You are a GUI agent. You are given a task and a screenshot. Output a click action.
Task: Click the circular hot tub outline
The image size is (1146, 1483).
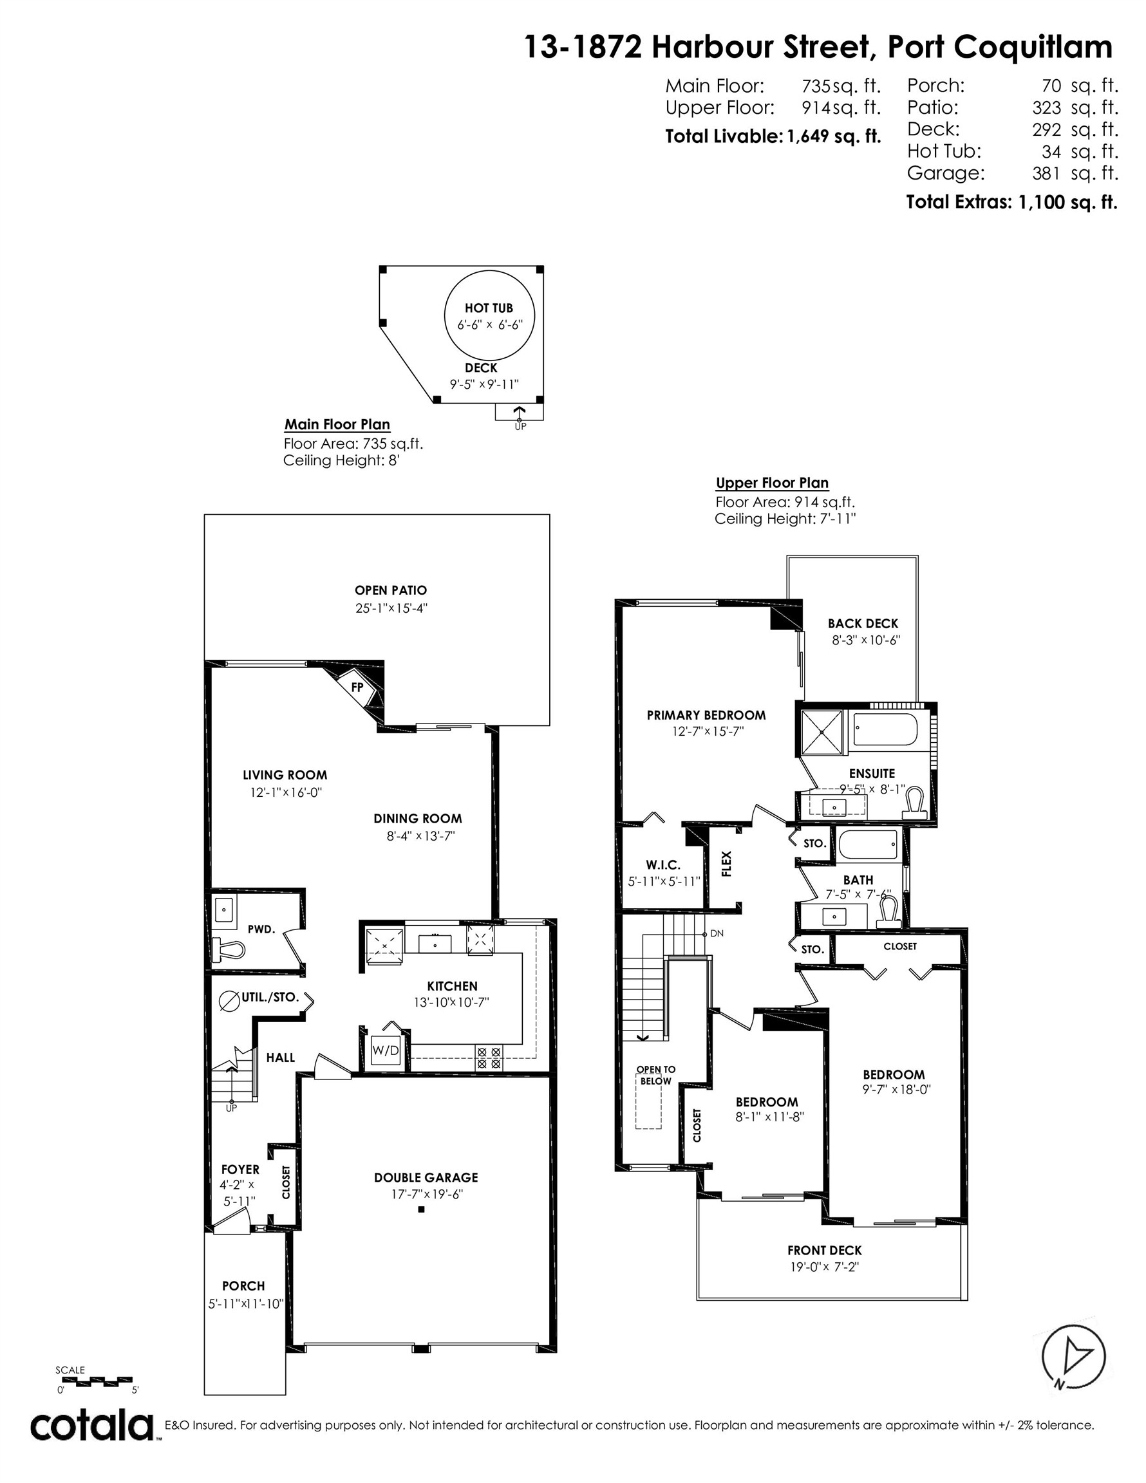(x=489, y=316)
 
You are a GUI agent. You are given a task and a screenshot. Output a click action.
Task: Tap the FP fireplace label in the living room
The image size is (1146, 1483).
(x=357, y=687)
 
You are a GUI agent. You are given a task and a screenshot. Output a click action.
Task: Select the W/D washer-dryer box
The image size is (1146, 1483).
(x=386, y=1050)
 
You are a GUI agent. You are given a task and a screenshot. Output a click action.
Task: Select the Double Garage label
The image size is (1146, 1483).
(x=426, y=1177)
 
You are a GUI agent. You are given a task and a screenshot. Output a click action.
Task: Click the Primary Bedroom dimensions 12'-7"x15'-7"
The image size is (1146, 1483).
(x=706, y=731)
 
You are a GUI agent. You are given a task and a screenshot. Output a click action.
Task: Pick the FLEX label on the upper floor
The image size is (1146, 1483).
(x=726, y=864)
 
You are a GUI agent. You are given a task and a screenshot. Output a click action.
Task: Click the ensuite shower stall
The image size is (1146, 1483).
(x=822, y=732)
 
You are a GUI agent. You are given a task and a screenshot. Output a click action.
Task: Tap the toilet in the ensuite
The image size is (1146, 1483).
(x=915, y=802)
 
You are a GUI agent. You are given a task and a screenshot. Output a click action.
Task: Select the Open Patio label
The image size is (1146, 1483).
(x=391, y=590)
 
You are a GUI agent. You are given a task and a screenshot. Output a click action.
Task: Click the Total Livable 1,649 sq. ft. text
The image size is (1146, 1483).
(x=773, y=136)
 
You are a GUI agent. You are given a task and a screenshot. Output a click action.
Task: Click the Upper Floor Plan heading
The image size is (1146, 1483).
(x=772, y=483)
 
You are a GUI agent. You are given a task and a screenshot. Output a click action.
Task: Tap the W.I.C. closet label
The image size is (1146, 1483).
(x=663, y=864)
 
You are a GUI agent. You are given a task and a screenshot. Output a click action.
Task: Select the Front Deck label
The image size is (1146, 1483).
(x=824, y=1250)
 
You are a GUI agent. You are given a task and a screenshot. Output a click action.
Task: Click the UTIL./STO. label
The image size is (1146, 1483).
(x=270, y=997)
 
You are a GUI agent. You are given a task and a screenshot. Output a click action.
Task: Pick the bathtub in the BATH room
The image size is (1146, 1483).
(x=869, y=846)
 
